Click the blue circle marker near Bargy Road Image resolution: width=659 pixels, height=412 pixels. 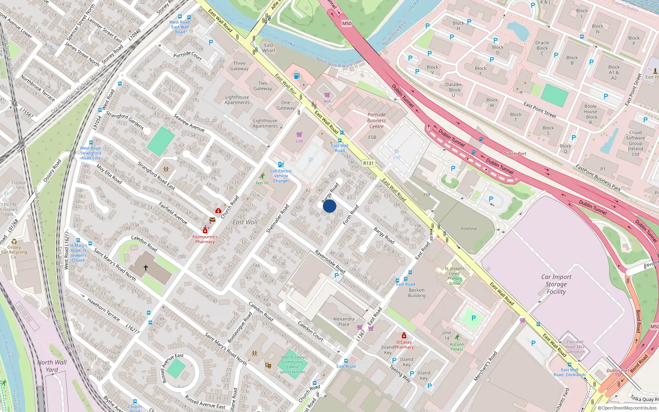pyautogui.click(x=329, y=206)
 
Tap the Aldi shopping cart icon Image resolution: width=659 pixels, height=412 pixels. pyautogui.click(x=327, y=95)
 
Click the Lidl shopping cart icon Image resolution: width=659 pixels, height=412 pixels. pyautogui.click(x=299, y=135)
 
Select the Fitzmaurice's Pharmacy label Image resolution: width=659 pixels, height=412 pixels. pyautogui.click(x=205, y=239)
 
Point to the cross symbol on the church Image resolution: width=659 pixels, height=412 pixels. pyautogui.click(x=146, y=268)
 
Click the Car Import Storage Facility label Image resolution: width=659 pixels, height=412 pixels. pyautogui.click(x=556, y=284)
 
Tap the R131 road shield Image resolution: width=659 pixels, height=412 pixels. pyautogui.click(x=368, y=163)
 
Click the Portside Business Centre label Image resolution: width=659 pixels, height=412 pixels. pyautogui.click(x=376, y=121)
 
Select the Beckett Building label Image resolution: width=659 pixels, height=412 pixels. pyautogui.click(x=416, y=293)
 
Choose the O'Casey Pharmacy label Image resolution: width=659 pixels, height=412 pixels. pyautogui.click(x=404, y=344)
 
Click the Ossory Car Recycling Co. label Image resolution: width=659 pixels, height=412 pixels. pyautogui.click(x=14, y=252)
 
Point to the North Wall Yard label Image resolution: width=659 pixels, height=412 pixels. pyautogui.click(x=52, y=366)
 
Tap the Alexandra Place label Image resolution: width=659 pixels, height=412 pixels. pyautogui.click(x=344, y=321)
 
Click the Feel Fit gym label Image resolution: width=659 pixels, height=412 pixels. pyautogui.click(x=262, y=183)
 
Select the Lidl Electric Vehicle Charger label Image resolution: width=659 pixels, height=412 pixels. pyautogui.click(x=281, y=176)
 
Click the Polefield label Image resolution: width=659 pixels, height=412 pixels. pyautogui.click(x=469, y=229)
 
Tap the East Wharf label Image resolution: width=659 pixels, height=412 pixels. pyautogui.click(x=269, y=48)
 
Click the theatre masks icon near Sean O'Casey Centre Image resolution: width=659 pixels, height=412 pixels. pyautogui.click(x=268, y=365)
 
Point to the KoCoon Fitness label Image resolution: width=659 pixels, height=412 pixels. pyautogui.click(x=457, y=346)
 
